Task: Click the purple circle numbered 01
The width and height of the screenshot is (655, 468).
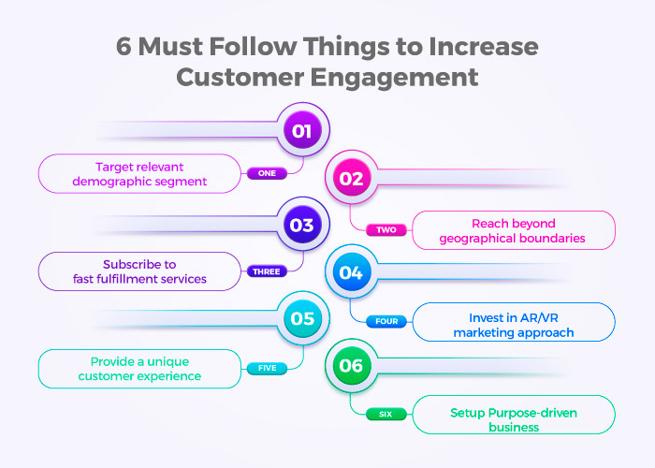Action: click(302, 130)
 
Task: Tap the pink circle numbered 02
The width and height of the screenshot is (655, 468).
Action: click(352, 177)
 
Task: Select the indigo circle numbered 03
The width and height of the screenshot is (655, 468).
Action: click(302, 225)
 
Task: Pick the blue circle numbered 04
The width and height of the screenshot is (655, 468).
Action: click(352, 271)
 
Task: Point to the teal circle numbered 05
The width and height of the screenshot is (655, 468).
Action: click(302, 318)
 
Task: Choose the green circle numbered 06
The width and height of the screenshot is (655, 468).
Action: click(352, 365)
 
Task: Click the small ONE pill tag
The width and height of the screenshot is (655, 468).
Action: click(267, 173)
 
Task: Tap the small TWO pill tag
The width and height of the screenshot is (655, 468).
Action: click(386, 230)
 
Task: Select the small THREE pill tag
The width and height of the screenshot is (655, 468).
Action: click(267, 271)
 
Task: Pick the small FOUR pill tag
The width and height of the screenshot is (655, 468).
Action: click(386, 321)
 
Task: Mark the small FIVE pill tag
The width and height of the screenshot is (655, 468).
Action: click(267, 368)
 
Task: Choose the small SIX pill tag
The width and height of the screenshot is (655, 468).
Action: click(386, 414)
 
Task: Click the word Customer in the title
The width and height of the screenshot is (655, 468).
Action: click(240, 77)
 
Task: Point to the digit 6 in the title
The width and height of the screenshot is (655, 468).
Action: click(124, 46)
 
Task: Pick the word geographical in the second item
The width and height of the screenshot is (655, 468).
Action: click(477, 239)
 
